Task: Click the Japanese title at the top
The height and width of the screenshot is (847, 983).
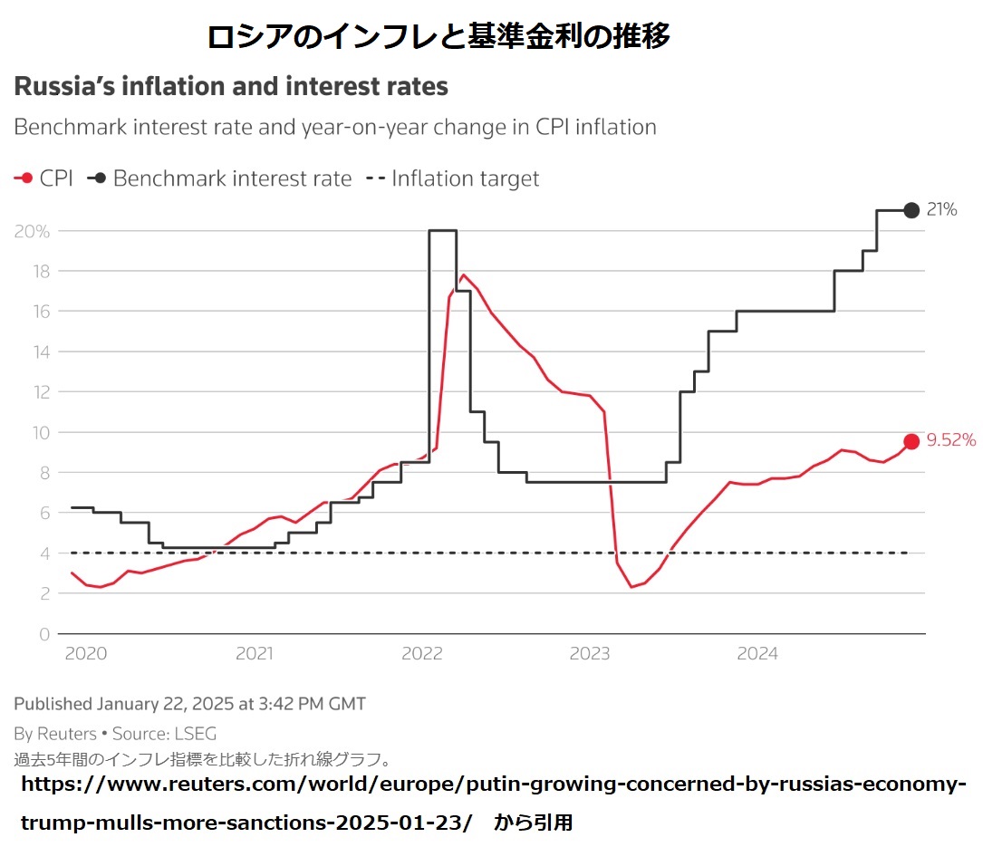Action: tap(438, 36)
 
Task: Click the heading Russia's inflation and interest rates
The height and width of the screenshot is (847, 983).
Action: tap(231, 87)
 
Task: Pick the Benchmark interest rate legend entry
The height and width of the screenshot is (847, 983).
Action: tap(219, 178)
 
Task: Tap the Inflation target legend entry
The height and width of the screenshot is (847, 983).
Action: tap(452, 178)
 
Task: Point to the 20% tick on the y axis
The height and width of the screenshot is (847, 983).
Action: tap(32, 231)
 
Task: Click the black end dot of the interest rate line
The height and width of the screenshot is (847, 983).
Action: tap(911, 210)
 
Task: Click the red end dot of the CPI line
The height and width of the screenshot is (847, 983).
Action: tap(911, 441)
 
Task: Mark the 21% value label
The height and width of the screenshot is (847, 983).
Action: tap(942, 210)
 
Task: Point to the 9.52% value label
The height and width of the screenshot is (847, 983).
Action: tap(951, 441)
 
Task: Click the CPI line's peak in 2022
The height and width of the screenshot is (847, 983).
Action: tap(464, 274)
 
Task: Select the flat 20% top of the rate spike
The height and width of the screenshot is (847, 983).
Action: tap(442, 230)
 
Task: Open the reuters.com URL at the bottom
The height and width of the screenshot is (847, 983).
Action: tap(493, 784)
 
